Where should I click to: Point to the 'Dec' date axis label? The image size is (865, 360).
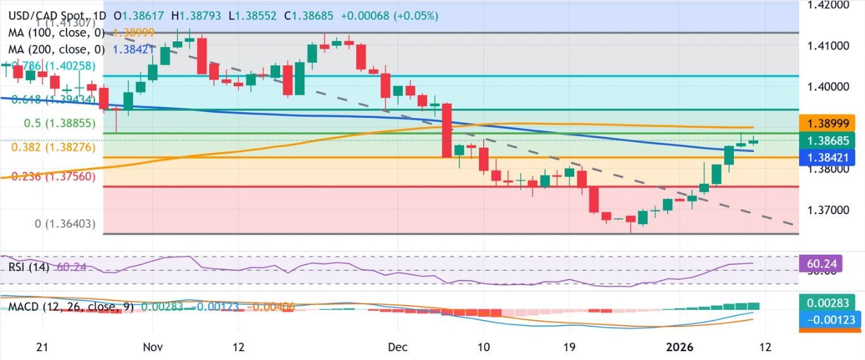[397, 347]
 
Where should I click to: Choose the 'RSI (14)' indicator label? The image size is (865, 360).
[29, 267]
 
